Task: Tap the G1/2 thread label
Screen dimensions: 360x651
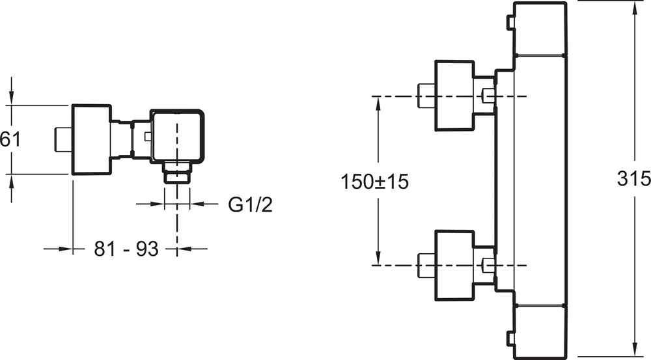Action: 250,205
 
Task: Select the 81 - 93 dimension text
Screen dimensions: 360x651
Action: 126,248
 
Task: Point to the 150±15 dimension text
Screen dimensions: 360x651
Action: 374,182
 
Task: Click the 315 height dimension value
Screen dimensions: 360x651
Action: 634,178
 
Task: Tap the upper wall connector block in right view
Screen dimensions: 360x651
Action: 454,96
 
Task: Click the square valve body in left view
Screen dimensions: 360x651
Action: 178,135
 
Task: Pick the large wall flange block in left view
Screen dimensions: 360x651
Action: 90,139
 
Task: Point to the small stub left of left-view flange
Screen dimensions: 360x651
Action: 62,139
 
